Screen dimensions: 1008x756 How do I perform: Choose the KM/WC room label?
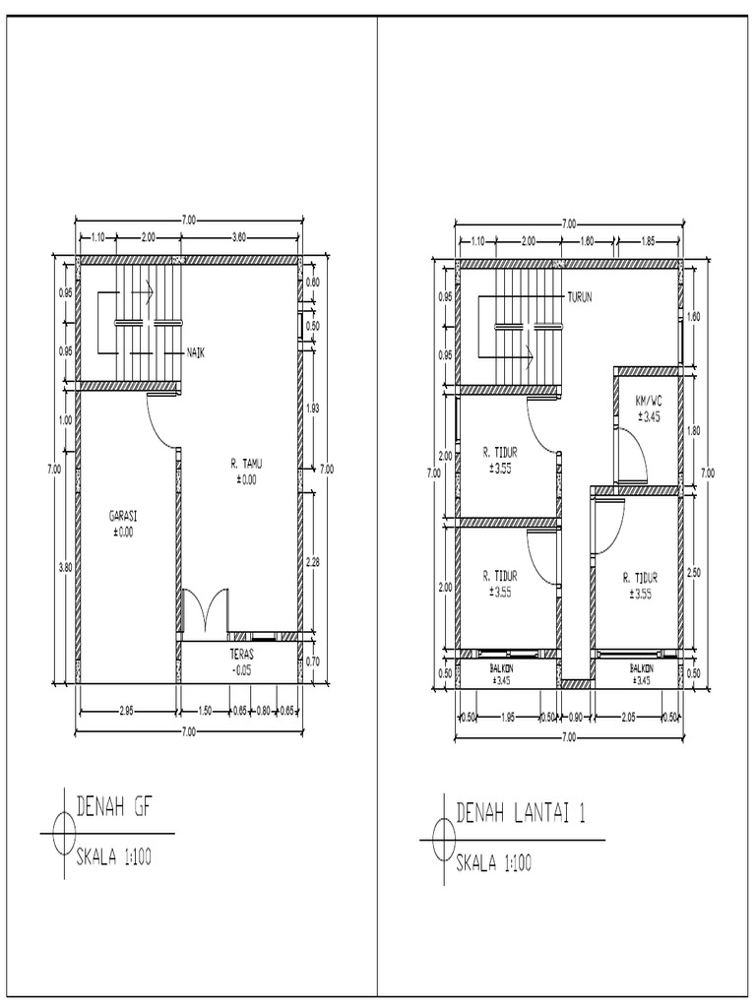647,402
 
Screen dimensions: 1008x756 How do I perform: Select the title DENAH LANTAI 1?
521,813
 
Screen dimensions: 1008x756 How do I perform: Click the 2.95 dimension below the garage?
127,711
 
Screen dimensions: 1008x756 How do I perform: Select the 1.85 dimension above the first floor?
648,241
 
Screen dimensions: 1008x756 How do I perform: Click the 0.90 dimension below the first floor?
576,716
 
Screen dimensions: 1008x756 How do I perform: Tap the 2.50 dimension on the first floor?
695,572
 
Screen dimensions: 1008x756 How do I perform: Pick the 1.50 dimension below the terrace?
205,711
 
